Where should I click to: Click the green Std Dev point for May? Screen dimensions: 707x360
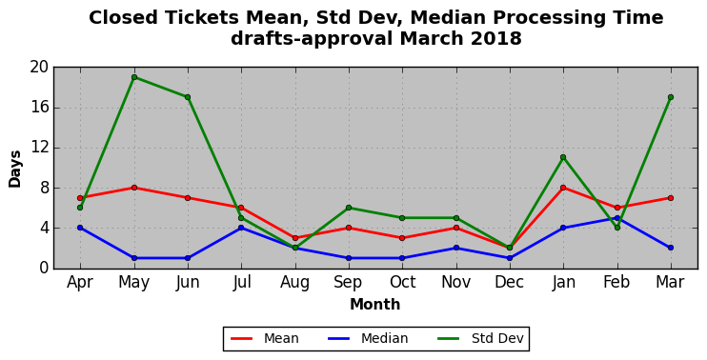click(134, 77)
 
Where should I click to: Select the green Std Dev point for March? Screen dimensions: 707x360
click(671, 97)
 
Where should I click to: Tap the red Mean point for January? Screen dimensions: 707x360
click(563, 188)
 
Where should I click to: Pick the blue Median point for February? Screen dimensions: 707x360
click(616, 218)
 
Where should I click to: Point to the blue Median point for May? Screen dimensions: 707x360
click(134, 258)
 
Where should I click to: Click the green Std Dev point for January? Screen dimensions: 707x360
click(563, 157)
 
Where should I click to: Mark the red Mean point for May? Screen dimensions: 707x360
click(134, 188)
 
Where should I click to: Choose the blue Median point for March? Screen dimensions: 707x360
click(671, 248)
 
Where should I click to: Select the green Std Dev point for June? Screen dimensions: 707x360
click(188, 97)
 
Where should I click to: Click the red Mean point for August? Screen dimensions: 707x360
click(295, 238)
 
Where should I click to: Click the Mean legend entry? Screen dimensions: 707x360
click(265, 338)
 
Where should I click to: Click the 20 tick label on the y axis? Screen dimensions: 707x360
click(39, 67)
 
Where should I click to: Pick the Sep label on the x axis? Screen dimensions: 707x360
click(348, 283)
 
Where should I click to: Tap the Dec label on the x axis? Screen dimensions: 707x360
click(510, 283)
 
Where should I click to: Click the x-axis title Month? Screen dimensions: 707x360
click(375, 305)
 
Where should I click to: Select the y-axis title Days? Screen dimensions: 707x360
click(15, 169)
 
